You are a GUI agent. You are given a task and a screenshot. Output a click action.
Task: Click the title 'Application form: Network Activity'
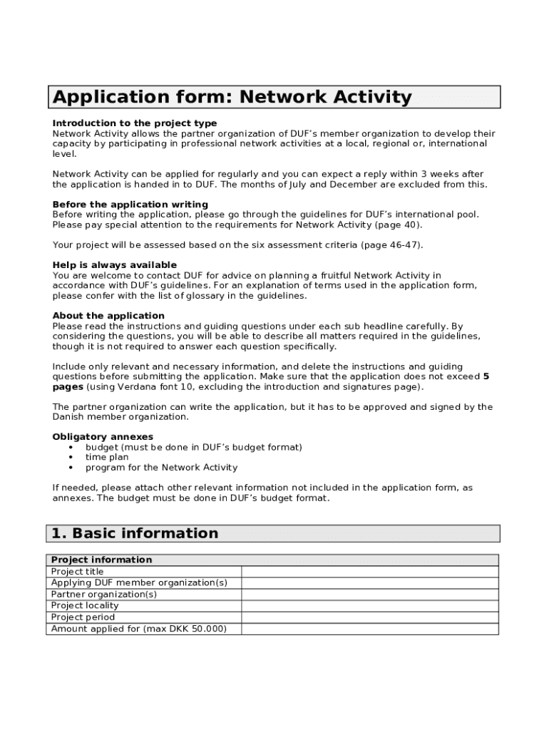coord(232,97)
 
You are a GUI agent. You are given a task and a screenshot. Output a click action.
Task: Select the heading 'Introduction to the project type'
coord(135,123)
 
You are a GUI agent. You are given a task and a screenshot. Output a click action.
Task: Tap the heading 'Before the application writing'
coord(130,205)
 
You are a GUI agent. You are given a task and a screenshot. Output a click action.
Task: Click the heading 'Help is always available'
coord(115,265)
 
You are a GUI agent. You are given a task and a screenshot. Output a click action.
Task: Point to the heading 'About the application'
coord(108,316)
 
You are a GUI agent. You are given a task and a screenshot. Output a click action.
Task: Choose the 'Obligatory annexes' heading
coord(103,437)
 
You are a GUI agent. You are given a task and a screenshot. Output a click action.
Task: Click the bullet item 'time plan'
coord(107,458)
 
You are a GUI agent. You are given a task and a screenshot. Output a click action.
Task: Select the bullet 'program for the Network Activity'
coord(161,468)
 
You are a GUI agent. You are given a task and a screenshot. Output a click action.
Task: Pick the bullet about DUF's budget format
coord(193,448)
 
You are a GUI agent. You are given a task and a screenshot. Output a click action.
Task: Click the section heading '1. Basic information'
coord(135,533)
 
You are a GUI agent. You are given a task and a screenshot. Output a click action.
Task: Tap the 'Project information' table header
coord(102,560)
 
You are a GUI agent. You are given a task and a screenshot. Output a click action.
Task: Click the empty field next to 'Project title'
coord(369,572)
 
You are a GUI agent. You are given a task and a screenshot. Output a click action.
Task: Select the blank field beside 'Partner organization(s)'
coord(369,595)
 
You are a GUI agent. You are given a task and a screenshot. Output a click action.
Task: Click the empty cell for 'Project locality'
coord(369,606)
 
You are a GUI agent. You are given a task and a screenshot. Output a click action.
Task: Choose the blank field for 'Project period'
coord(369,617)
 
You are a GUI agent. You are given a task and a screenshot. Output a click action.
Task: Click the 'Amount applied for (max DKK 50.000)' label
coord(139,629)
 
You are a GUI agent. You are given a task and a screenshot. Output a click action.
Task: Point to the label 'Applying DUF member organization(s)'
coord(140,583)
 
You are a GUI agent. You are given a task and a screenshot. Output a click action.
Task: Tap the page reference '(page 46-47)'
coord(389,245)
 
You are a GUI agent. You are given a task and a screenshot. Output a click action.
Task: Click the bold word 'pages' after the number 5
coord(68,386)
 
